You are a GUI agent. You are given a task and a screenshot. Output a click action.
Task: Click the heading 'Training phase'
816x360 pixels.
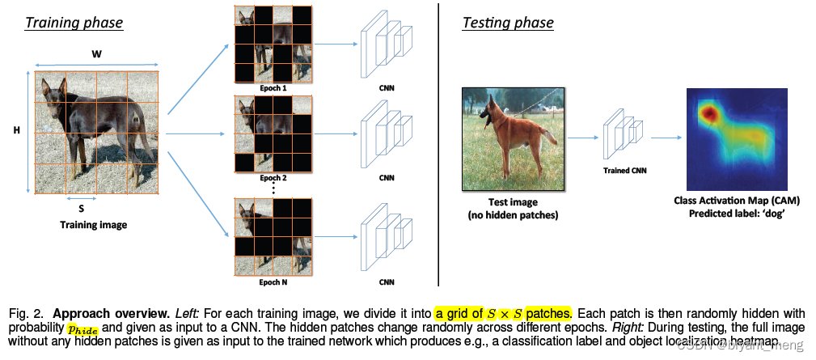tap(74, 22)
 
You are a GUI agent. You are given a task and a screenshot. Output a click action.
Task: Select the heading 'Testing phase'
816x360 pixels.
tap(507, 22)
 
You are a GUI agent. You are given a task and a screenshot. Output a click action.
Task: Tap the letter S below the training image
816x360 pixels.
tap(81, 207)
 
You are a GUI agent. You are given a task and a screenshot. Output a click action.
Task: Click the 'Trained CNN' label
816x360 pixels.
tap(625, 171)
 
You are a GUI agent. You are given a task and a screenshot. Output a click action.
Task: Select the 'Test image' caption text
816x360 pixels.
tap(513, 201)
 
